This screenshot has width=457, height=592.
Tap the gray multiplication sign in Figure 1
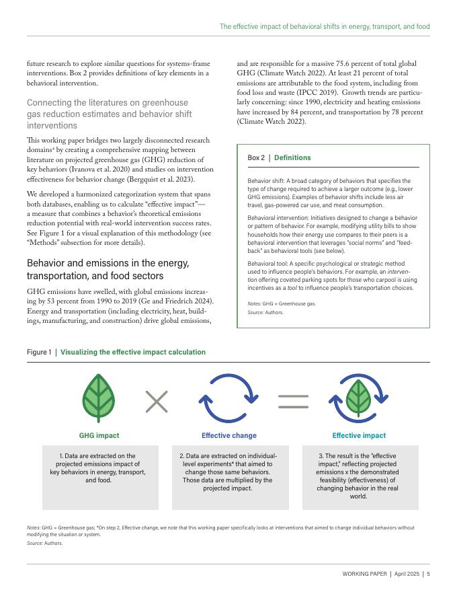pos(157,402)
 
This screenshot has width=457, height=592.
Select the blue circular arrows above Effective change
pos(229,402)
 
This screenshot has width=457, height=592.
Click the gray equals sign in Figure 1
pos(294,402)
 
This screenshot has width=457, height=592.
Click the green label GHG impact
pos(99,435)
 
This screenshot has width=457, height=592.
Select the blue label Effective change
pos(229,435)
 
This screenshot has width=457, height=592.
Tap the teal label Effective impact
pos(359,435)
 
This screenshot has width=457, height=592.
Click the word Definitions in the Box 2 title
pos(292,157)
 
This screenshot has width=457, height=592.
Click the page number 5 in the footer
pos(428,574)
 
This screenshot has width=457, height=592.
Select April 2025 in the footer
pos(407,574)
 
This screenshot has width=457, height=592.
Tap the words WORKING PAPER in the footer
pos(365,574)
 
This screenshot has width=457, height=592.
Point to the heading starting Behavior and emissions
pos(108,269)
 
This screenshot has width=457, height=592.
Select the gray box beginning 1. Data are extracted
pos(100,477)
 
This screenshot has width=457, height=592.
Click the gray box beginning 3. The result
pos(360,477)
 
